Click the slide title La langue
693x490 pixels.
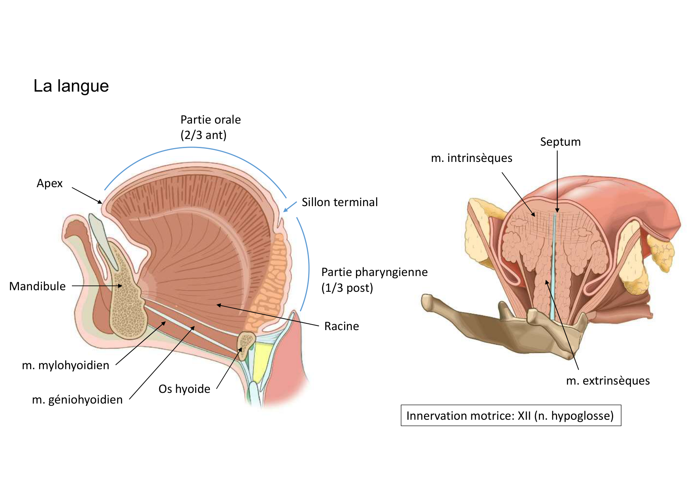coord(71,86)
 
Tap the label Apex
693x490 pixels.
coord(50,183)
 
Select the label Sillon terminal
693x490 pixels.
coord(339,202)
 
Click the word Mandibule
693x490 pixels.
coord(38,286)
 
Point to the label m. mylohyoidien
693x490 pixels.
coord(66,365)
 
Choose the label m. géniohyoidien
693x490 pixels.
coord(77,400)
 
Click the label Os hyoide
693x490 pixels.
coord(184,389)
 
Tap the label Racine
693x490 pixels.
coord(341,326)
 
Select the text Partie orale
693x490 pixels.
coord(211,120)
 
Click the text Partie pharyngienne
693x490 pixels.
coord(374,272)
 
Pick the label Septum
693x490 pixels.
coord(560,142)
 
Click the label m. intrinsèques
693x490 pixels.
coord(471,158)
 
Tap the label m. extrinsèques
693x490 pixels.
coord(608,381)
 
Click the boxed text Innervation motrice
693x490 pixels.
coord(510,416)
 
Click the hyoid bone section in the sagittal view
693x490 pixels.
coord(246,343)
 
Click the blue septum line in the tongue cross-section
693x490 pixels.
coord(553,268)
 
